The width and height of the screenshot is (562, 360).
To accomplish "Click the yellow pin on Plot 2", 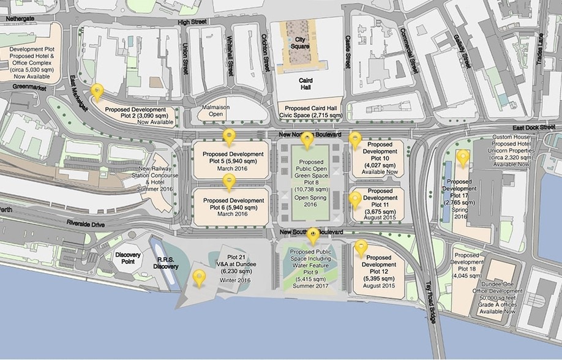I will (97, 92).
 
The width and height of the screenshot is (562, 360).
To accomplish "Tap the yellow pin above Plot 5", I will (229, 137).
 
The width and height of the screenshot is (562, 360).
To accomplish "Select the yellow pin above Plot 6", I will (229, 181).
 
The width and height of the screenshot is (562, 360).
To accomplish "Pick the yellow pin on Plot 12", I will (361, 248).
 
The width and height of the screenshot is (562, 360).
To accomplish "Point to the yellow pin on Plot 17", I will (463, 158).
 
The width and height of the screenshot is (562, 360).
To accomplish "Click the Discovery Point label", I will (128, 258).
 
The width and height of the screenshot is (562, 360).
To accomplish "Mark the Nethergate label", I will (20, 19).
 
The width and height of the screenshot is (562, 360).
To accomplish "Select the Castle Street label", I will (347, 56).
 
